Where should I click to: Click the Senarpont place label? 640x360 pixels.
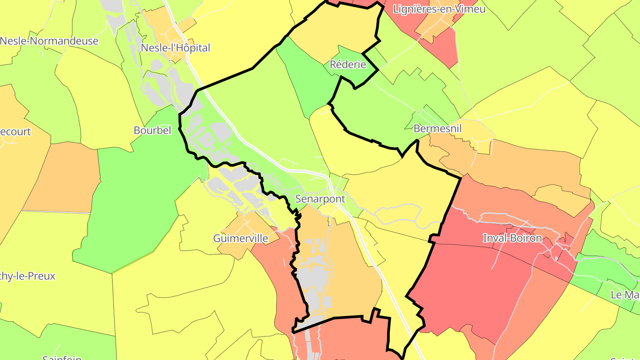pos(320,199)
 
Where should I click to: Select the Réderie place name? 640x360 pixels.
pos(348,64)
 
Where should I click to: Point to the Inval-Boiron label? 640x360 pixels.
pos(512,238)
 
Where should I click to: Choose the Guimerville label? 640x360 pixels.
pos(240,238)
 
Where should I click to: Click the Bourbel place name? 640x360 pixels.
pos(152,131)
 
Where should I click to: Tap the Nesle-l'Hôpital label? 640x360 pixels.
pos(175,48)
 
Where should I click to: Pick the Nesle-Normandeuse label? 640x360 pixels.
pos(49,41)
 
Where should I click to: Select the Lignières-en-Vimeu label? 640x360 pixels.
pos(439,9)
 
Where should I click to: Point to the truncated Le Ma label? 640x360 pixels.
pos(625,295)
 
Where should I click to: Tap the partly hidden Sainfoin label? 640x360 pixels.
pos(62,357)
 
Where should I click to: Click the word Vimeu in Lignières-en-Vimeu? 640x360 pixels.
pos(470,9)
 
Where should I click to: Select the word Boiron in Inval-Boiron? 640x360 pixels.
pos(526,238)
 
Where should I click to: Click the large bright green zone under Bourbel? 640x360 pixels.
pos(133,200)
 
